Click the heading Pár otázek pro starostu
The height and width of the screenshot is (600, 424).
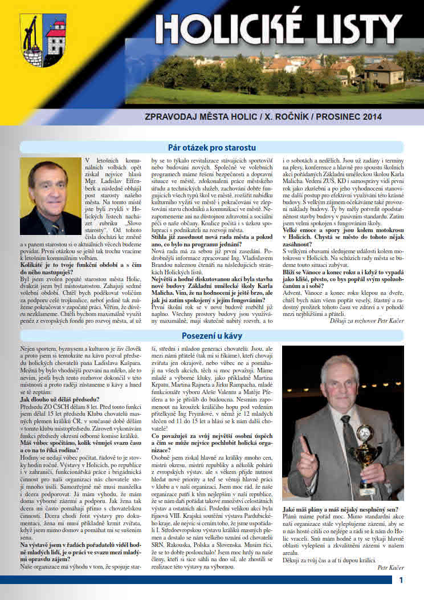211,147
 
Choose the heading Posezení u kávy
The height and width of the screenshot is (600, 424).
211,335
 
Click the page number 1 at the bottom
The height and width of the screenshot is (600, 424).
402,581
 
